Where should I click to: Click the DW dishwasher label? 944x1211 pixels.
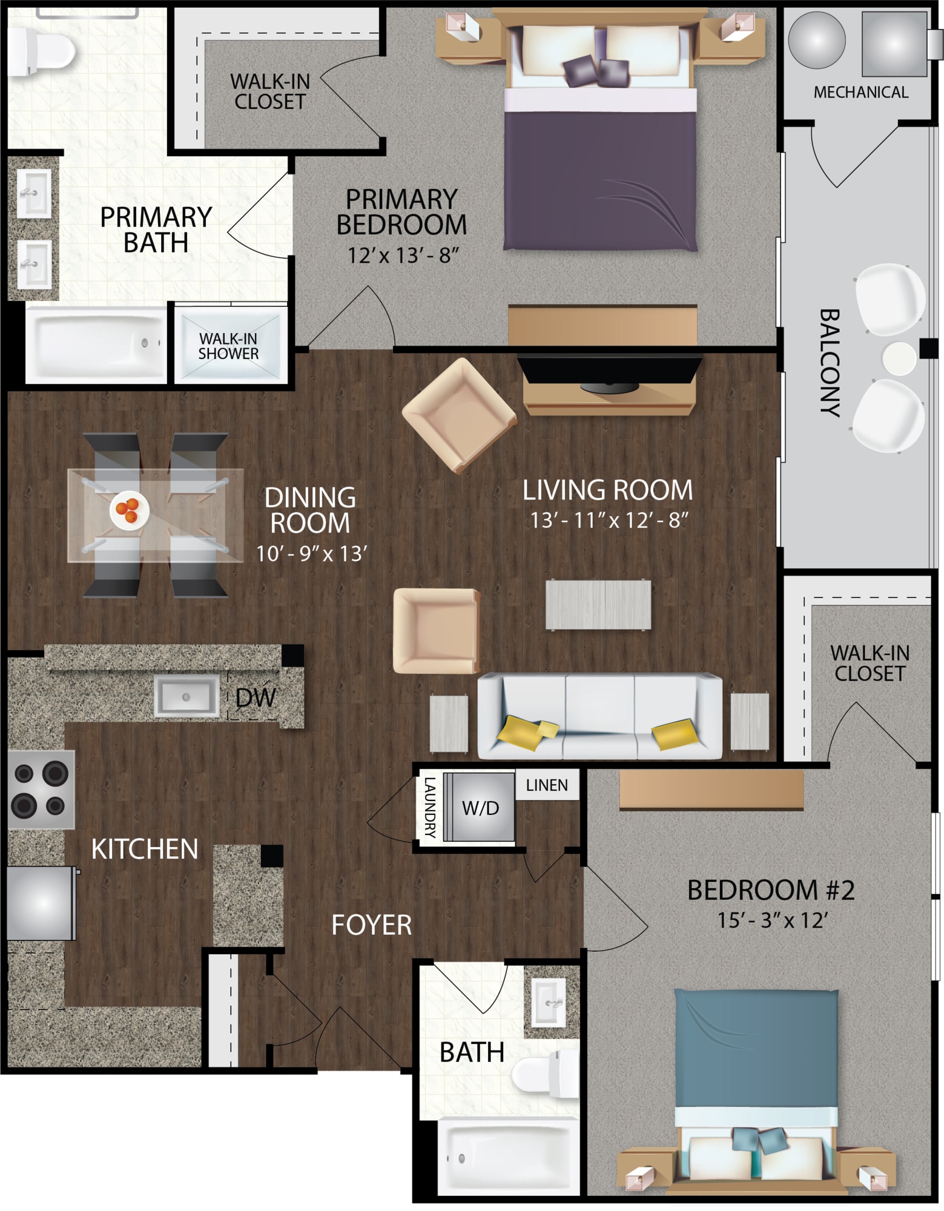point(256,698)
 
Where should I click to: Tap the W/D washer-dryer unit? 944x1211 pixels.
point(480,807)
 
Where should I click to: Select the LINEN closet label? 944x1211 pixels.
point(547,785)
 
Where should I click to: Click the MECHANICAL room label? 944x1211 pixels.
point(860,93)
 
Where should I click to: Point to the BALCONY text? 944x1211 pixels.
point(830,363)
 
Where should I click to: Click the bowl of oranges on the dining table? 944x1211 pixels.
point(130,510)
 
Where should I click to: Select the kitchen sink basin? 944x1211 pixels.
point(186,696)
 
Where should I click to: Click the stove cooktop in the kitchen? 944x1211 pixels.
point(41,790)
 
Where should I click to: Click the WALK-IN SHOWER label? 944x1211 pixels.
point(228,346)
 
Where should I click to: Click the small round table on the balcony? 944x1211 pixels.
point(899,358)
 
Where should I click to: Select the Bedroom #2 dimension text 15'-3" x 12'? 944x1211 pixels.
point(772,921)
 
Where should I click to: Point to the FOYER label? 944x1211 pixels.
point(372,925)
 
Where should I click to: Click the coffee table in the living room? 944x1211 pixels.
point(598,605)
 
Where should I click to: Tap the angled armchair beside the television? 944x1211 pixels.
point(459,415)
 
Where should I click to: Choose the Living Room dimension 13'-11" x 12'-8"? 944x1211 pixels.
point(609,520)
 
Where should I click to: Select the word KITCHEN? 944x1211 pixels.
point(145,850)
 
